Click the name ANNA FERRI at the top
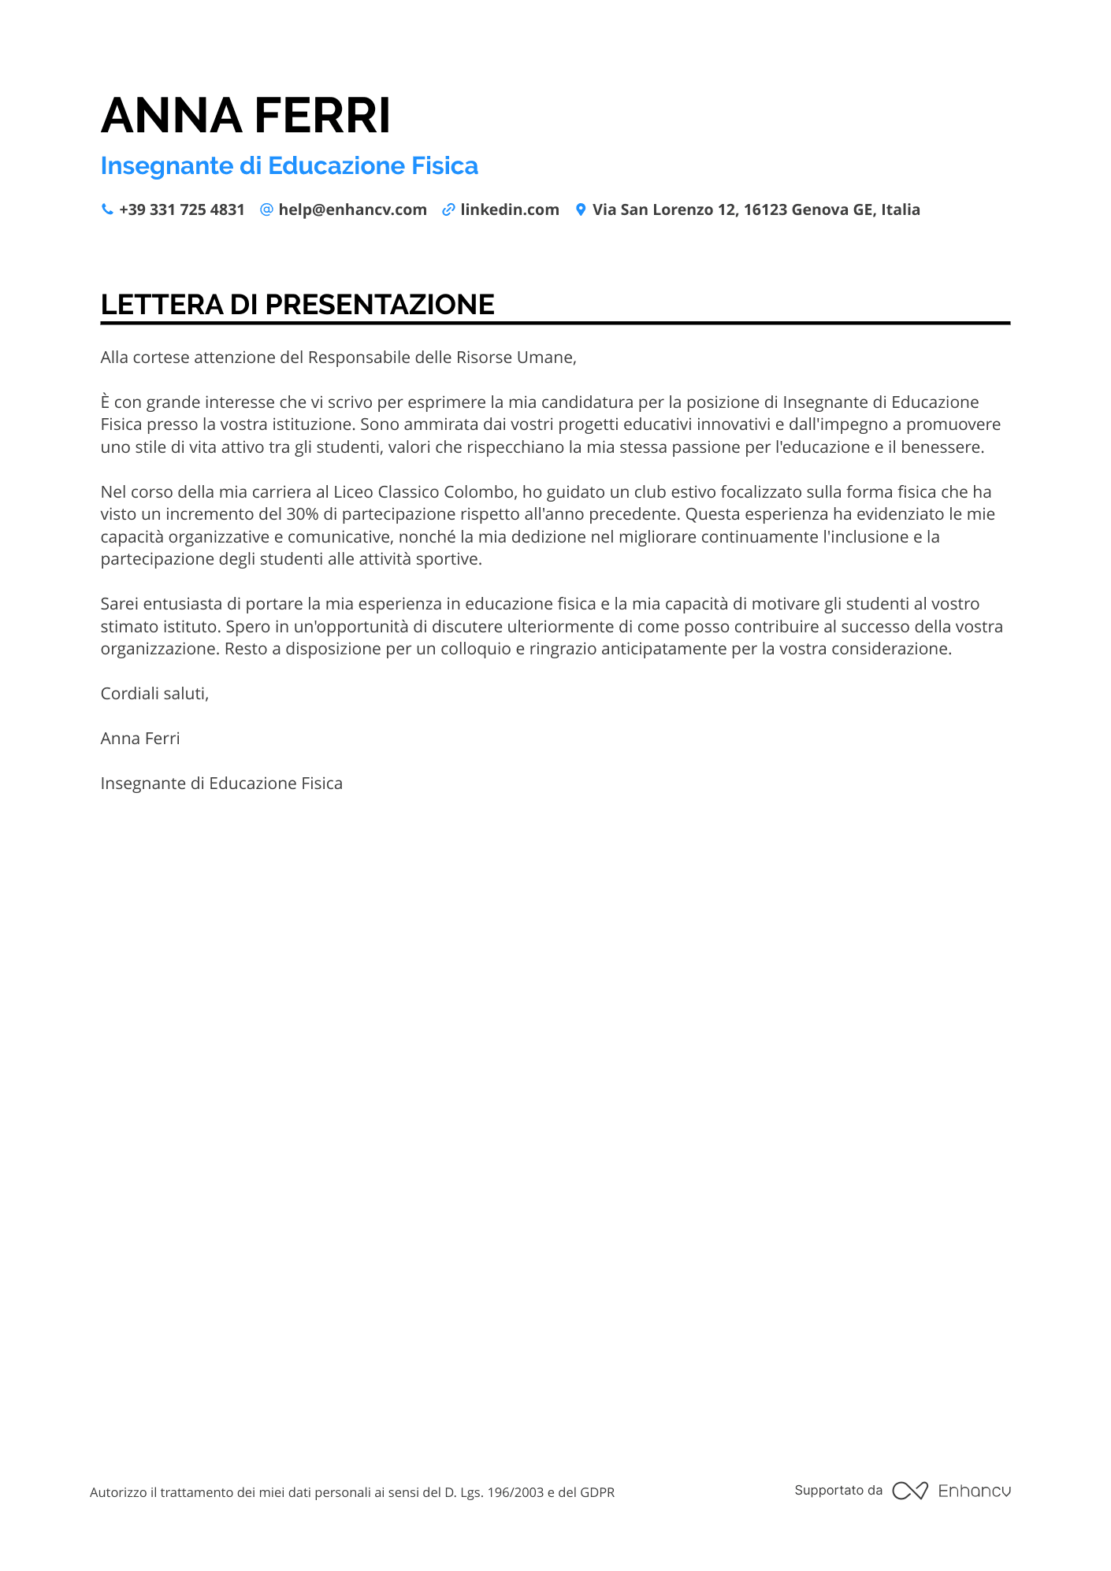click(x=246, y=116)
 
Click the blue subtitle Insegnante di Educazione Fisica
click(x=289, y=166)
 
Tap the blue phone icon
click(x=107, y=209)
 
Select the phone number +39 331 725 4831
click(x=182, y=209)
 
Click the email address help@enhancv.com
click(x=352, y=209)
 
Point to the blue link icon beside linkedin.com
click(x=448, y=209)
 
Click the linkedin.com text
click(x=510, y=209)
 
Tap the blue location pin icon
click(x=581, y=209)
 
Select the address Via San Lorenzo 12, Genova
click(x=756, y=209)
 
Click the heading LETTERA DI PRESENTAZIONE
click(x=298, y=305)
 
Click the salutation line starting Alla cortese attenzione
click(x=338, y=358)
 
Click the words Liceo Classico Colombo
click(x=424, y=492)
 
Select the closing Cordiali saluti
click(x=154, y=694)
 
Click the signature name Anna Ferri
click(x=140, y=739)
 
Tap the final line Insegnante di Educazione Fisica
click(x=221, y=784)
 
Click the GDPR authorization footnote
click(x=351, y=1492)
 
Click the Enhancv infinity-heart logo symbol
click(x=910, y=1491)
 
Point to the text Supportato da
click(x=838, y=1491)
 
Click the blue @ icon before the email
click(x=266, y=209)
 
